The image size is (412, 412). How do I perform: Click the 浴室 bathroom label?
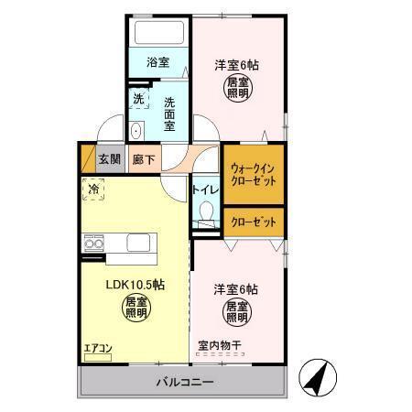pos(158,63)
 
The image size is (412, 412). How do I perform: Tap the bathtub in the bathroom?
pos(158,32)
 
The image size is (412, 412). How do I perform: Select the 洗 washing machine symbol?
pos(138,97)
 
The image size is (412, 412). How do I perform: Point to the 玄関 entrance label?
pos(110,159)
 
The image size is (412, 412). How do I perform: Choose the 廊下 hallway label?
pos(144,159)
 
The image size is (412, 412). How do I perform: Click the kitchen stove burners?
pos(93,244)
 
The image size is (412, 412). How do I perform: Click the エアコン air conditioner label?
pos(97,348)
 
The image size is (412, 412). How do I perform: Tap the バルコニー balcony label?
pos(183,381)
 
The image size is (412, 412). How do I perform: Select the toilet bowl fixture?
pos(205,214)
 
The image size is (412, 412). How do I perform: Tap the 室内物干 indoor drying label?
pos(220,346)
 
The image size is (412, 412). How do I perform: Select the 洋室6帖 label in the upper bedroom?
pos(236,65)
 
